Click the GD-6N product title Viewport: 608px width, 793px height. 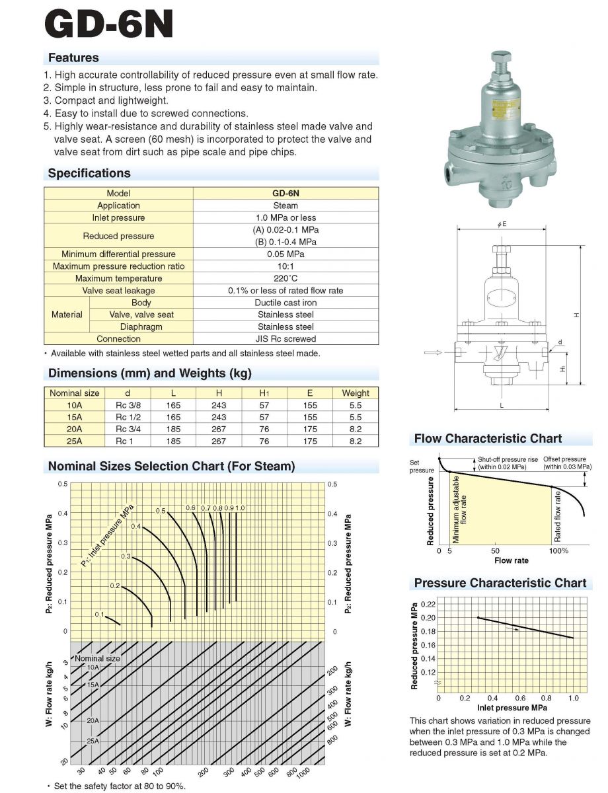[110, 24]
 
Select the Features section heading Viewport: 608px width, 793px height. [73, 57]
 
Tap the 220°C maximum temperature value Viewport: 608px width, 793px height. [285, 278]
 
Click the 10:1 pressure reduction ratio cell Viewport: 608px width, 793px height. [285, 266]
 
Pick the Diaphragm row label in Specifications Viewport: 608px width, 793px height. [141, 326]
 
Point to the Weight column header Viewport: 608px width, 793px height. [356, 393]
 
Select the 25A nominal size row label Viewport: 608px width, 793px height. [65, 441]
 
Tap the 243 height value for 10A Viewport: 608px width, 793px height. [218, 405]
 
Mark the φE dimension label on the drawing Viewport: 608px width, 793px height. [502, 225]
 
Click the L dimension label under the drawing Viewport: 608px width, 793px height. [502, 406]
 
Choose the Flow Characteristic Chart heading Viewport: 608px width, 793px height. [488, 438]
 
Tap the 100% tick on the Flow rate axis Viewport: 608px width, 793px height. [558, 550]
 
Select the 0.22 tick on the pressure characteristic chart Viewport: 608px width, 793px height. [427, 604]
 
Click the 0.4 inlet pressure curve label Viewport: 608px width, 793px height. [135, 526]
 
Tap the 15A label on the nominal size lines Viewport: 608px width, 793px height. [93, 685]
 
